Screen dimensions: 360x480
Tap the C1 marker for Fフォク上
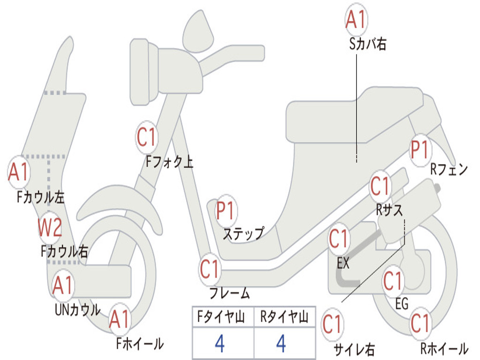click(x=146, y=137)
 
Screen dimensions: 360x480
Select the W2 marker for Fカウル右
click(x=50, y=229)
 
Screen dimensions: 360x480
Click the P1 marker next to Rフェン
click(x=420, y=150)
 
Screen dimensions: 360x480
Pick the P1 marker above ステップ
click(x=225, y=211)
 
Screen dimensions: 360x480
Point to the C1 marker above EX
click(x=338, y=239)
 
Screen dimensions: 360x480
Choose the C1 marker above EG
click(x=393, y=281)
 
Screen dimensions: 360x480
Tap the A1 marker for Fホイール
click(x=119, y=321)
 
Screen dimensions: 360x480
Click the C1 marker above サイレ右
click(x=332, y=324)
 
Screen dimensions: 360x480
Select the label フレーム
click(x=229, y=294)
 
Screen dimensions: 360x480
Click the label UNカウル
click(x=78, y=310)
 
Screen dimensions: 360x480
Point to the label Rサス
click(x=389, y=210)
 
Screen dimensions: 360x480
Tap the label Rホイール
click(x=443, y=348)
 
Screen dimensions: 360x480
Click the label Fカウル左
click(x=41, y=197)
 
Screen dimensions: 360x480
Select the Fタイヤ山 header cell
click(x=223, y=318)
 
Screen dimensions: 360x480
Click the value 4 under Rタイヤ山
click(x=281, y=345)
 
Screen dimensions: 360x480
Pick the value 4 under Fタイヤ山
click(x=219, y=345)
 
